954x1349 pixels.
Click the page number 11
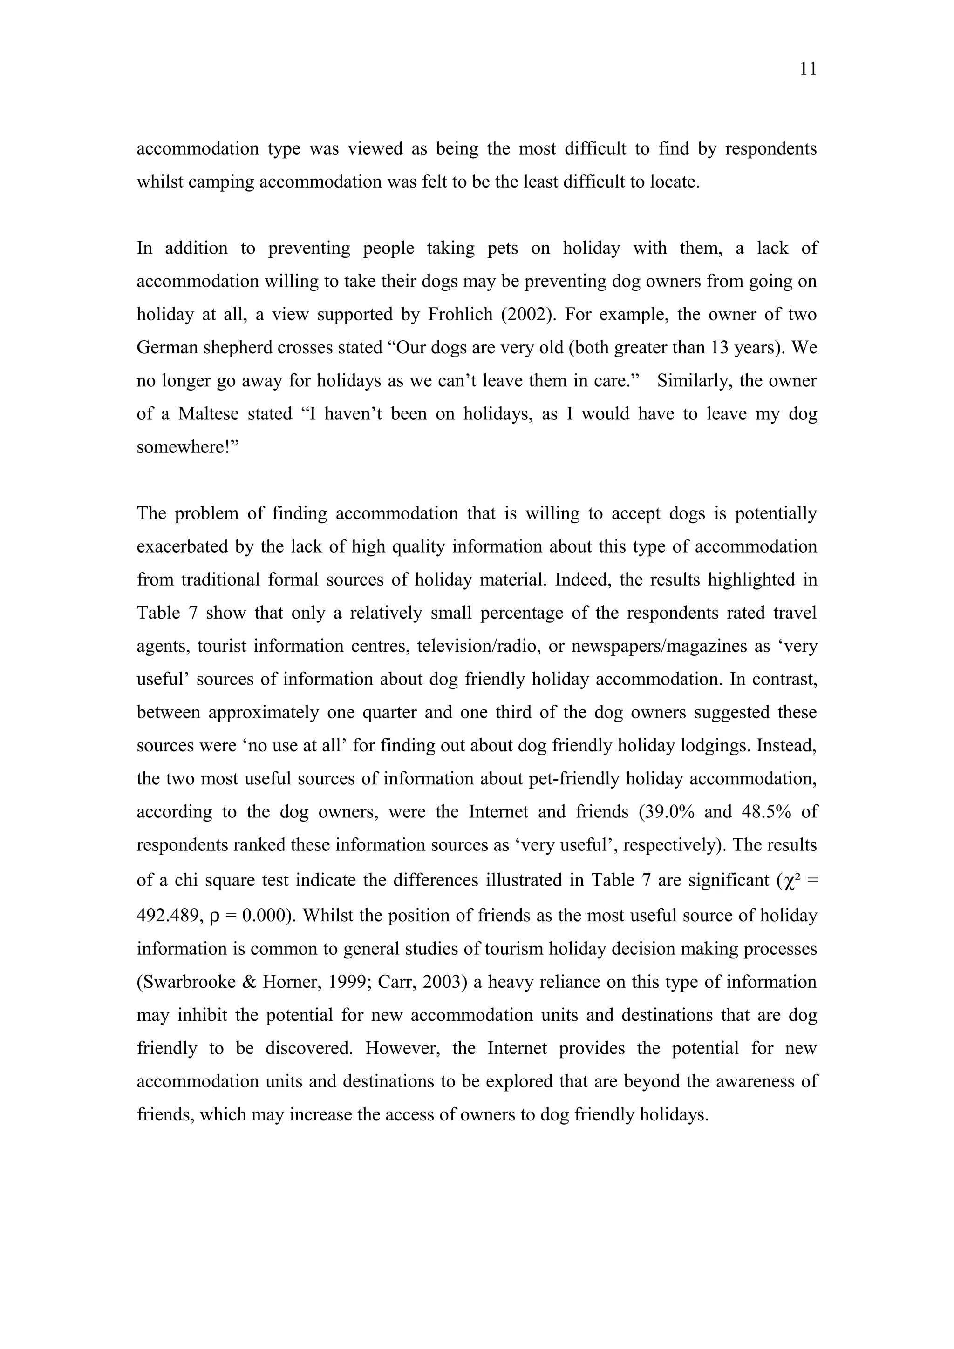click(808, 69)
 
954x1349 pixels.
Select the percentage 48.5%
click(766, 811)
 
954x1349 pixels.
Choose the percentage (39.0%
click(667, 811)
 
